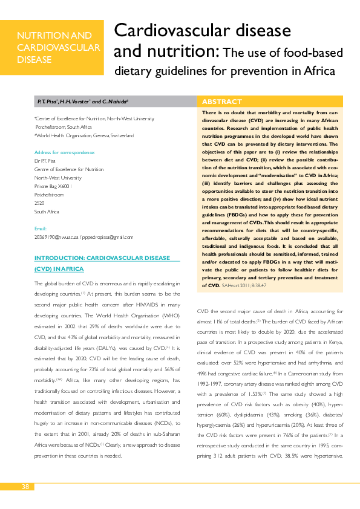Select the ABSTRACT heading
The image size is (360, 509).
coord(221,102)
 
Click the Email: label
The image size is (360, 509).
coord(41,229)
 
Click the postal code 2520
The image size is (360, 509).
coord(39,204)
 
